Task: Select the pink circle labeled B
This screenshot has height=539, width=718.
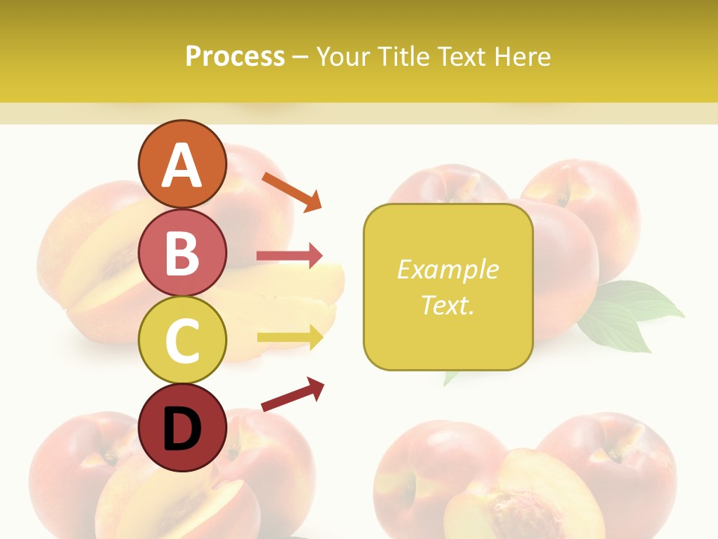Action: click(182, 252)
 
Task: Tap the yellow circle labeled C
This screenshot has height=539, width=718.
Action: click(182, 340)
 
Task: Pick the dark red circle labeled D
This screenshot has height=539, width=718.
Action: click(182, 427)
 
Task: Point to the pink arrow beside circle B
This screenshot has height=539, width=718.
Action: click(289, 256)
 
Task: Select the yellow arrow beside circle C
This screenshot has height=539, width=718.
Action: click(289, 338)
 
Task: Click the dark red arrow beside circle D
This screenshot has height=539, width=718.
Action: click(292, 395)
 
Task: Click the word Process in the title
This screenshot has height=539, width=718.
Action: click(235, 57)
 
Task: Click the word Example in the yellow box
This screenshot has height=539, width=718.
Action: click(447, 269)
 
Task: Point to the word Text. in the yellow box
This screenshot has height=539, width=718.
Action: click(447, 305)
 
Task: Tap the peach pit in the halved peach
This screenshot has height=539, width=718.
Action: click(527, 509)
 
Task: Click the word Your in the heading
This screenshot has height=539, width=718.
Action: click(343, 57)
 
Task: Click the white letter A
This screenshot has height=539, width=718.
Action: click(182, 165)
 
